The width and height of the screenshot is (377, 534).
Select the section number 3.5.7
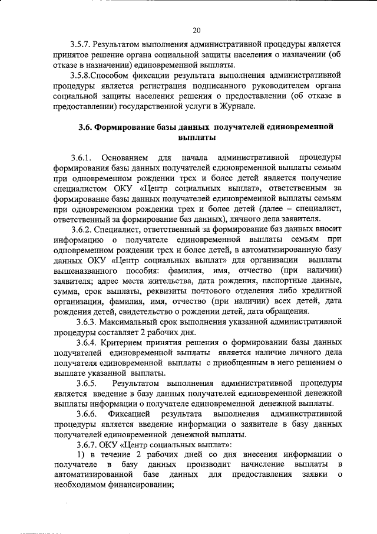[81, 44]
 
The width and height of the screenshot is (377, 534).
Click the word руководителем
[270, 85]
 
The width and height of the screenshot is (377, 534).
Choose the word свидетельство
[152, 311]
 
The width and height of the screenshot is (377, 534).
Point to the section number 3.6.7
[82, 443]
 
